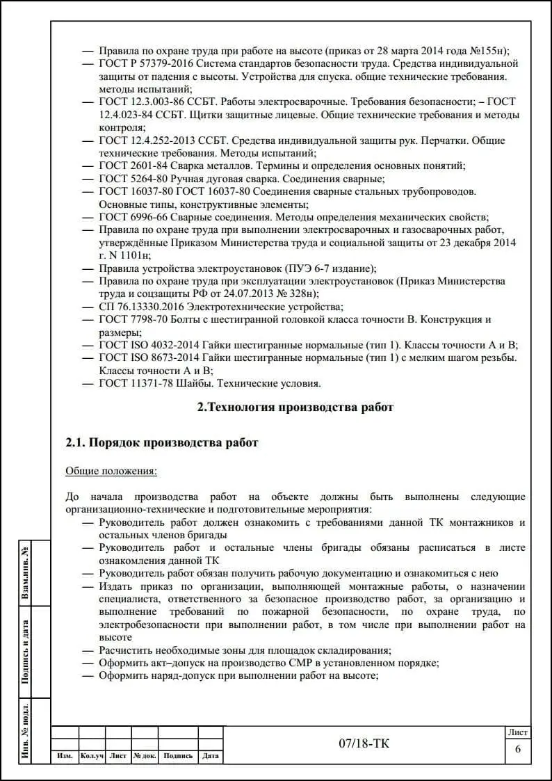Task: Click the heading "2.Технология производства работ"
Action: point(295,408)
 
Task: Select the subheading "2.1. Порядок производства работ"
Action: point(161,442)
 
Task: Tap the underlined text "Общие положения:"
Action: point(111,471)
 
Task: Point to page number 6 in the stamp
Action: point(517,748)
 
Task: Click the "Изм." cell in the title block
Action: point(65,756)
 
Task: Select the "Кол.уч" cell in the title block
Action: point(92,756)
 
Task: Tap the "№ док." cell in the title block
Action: point(145,756)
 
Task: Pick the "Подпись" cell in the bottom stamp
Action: point(178,756)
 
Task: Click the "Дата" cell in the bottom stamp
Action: point(211,756)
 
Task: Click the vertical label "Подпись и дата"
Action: point(26,652)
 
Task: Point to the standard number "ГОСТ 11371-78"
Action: point(136,383)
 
